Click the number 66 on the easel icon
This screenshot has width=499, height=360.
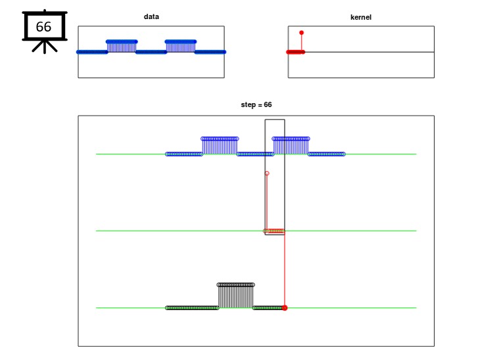tap(43, 27)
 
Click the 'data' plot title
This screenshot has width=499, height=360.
tap(151, 16)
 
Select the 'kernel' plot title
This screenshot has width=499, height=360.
tap(361, 17)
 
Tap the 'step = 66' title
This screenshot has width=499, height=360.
tap(256, 104)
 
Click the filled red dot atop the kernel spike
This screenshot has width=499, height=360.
tap(302, 33)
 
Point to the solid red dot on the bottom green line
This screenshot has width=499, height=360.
tap(285, 308)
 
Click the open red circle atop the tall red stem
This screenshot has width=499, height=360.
tap(267, 173)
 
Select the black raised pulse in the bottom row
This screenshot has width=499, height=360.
tap(236, 296)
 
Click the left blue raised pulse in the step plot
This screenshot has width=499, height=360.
tap(220, 146)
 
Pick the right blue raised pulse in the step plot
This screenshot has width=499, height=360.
tap(291, 146)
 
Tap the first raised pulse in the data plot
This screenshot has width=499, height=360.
tap(122, 47)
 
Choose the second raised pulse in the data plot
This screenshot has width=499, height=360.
tap(181, 47)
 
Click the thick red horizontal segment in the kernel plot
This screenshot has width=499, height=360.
tap(296, 52)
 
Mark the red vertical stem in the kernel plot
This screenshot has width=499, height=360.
tap(302, 42)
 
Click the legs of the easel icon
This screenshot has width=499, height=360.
tap(45, 46)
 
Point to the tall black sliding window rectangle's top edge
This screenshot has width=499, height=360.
tap(275, 120)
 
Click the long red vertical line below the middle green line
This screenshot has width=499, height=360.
tap(285, 269)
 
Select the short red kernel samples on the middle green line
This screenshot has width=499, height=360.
tap(275, 231)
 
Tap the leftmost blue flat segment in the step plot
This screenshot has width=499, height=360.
tap(184, 154)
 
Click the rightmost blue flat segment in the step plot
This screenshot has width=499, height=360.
tap(327, 154)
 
